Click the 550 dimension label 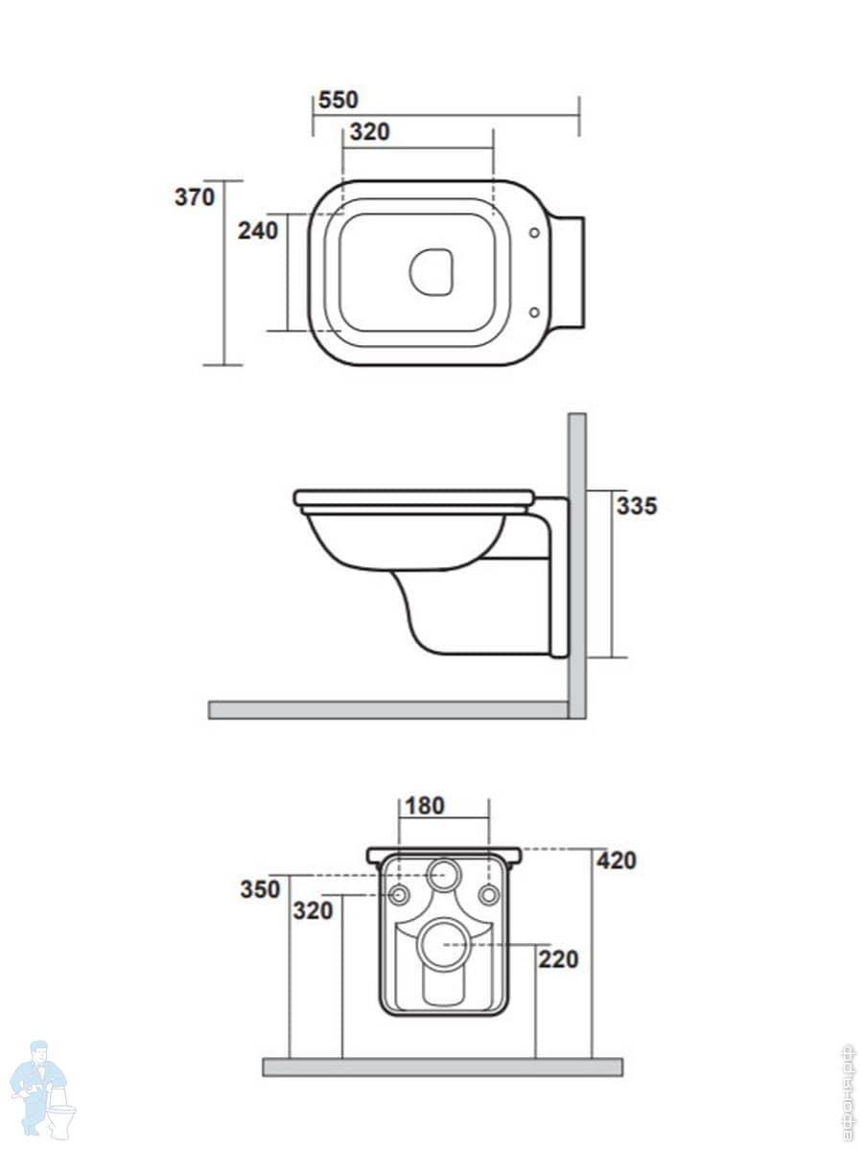(x=338, y=100)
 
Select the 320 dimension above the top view (x=369, y=132)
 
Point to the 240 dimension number (x=257, y=230)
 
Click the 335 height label (x=637, y=506)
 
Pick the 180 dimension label (x=424, y=806)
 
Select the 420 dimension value (x=616, y=861)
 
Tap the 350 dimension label (x=260, y=888)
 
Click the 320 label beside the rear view (x=313, y=909)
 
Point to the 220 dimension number (x=558, y=957)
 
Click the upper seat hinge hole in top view (x=534, y=232)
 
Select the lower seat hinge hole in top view (x=534, y=311)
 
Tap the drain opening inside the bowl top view (x=431, y=272)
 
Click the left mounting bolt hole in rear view (x=400, y=895)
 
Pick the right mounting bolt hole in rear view (x=489, y=895)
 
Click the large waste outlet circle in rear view (x=444, y=944)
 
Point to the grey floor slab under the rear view (x=442, y=1067)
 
